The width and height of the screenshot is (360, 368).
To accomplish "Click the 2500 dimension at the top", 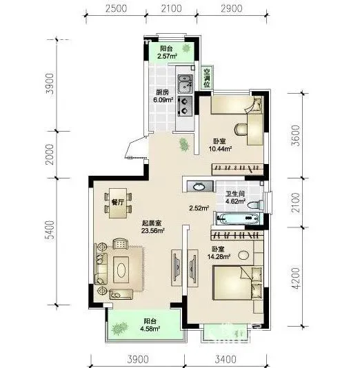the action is pyautogui.click(x=117, y=9).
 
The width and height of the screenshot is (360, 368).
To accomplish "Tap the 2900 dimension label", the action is pyautogui.click(x=232, y=9).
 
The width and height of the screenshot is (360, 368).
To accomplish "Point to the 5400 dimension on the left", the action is pyautogui.click(x=50, y=229).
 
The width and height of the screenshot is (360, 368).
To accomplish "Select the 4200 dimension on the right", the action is pyautogui.click(x=297, y=278).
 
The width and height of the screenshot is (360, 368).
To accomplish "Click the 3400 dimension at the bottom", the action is pyautogui.click(x=226, y=359).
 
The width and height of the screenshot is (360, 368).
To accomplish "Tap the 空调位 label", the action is pyautogui.click(x=207, y=78).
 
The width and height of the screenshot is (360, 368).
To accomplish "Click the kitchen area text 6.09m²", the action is pyautogui.click(x=163, y=100).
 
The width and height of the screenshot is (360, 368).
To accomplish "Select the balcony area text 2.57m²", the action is pyautogui.click(x=167, y=57).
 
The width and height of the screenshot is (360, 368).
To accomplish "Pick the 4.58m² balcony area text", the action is pyautogui.click(x=150, y=329).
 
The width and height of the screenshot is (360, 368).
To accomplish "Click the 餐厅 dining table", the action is pyautogui.click(x=118, y=203).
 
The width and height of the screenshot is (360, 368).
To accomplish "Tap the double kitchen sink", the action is pyautogui.click(x=186, y=84).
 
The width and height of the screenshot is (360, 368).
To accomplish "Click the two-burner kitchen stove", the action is pyautogui.click(x=185, y=106).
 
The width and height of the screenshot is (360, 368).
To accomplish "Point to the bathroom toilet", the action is pyautogui.click(x=256, y=205).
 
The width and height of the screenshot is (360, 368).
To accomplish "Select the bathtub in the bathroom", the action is pyautogui.click(x=239, y=218).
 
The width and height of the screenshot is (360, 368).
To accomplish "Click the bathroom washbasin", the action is pyautogui.click(x=200, y=187).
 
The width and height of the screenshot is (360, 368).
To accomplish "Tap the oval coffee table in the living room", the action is pyautogui.click(x=121, y=269).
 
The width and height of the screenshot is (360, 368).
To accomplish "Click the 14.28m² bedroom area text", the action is pyautogui.click(x=219, y=257).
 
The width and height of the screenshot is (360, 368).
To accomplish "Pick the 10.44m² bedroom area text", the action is pyautogui.click(x=220, y=149).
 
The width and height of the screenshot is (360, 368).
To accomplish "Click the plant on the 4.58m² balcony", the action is pyautogui.click(x=119, y=328).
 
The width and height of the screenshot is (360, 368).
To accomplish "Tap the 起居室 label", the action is pyautogui.click(x=152, y=223).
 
